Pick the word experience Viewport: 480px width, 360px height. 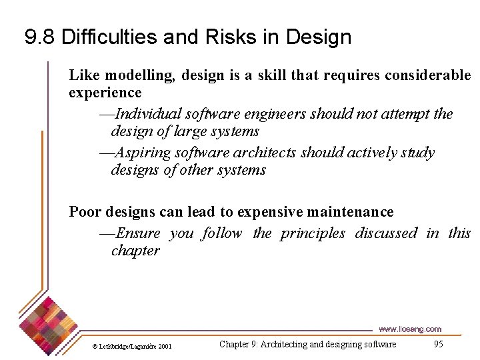105,92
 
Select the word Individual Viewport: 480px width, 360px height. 151,114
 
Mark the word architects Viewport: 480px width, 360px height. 263,153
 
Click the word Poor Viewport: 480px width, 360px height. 85,212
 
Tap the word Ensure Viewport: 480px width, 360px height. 138,233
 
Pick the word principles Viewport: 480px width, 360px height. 313,233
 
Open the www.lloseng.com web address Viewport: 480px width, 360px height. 410,329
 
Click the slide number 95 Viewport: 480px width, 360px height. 438,344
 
